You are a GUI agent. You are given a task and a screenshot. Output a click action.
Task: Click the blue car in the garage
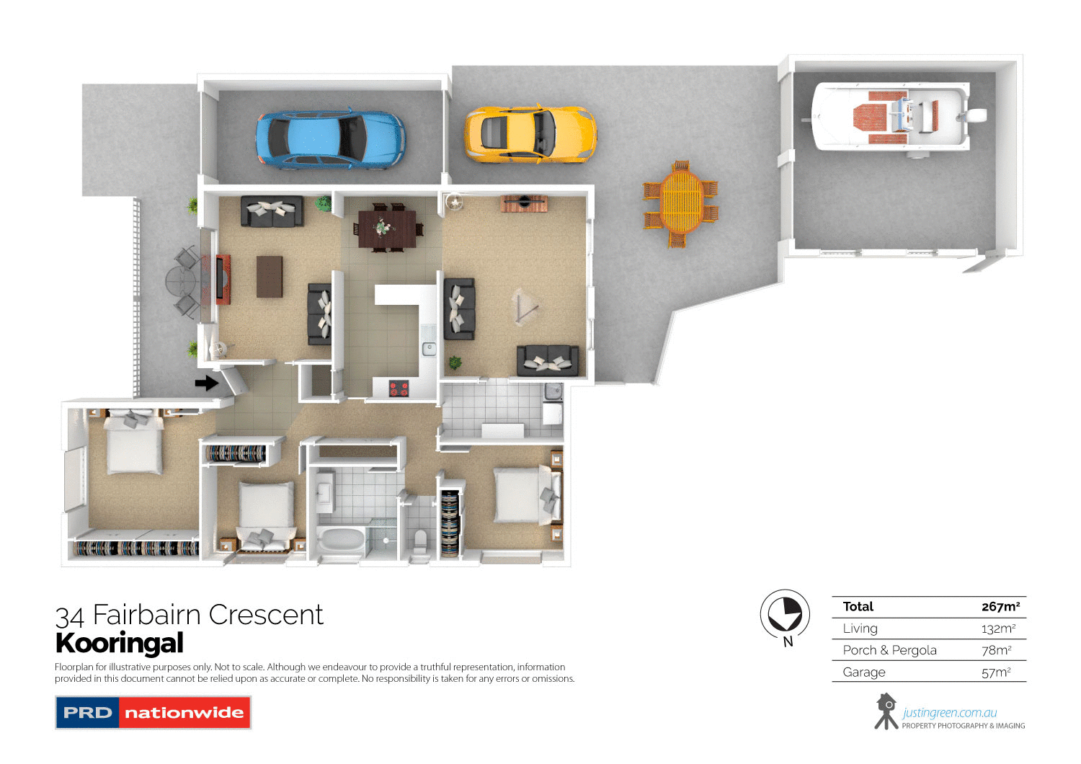coord(330,139)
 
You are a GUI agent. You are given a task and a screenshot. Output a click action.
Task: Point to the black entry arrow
coord(207,383)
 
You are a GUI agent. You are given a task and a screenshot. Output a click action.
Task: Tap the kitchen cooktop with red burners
coord(399,389)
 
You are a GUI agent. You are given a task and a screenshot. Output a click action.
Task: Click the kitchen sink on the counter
coord(429,350)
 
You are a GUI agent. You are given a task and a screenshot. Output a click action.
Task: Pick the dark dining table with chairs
coord(386,228)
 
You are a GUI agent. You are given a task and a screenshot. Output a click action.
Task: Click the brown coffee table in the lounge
coord(270,276)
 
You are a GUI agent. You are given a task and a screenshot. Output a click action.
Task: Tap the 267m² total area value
coord(1000,607)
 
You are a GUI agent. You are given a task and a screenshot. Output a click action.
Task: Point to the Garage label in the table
coord(864,672)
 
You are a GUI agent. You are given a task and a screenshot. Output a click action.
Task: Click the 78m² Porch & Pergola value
coord(997,650)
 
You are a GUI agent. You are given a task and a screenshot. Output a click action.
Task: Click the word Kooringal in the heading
coord(120,643)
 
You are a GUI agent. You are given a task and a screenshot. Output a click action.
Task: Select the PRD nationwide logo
coord(153,713)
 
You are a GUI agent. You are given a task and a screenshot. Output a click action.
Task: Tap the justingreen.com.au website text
coord(949,713)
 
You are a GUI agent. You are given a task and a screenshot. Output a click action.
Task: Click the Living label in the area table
coord(860,628)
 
